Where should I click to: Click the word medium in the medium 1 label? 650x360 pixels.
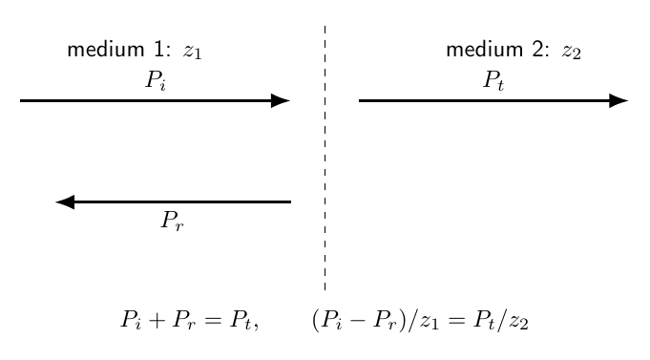(x=106, y=50)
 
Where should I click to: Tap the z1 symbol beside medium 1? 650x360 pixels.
(x=193, y=53)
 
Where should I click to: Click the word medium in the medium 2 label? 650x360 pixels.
(x=485, y=50)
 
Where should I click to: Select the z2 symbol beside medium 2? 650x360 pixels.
(x=572, y=53)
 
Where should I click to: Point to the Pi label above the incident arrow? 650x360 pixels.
(x=156, y=80)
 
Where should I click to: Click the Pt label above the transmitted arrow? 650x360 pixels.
(x=493, y=80)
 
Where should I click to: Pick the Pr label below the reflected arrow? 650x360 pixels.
(x=172, y=221)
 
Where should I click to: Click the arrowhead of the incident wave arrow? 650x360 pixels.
(x=281, y=100)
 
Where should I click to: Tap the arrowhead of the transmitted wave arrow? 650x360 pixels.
(x=619, y=100)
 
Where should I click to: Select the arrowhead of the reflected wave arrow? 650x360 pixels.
(x=65, y=202)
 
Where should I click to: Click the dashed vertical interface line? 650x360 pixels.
(x=325, y=158)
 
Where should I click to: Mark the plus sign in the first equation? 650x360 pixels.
(x=157, y=321)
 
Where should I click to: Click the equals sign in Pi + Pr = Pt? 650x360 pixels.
(x=213, y=321)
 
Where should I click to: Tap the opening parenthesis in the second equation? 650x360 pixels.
(x=316, y=321)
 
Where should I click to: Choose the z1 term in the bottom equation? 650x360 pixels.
(x=430, y=323)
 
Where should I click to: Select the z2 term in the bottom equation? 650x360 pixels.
(x=519, y=323)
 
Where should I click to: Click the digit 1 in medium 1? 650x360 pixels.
(x=159, y=50)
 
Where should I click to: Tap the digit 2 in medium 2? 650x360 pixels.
(x=538, y=50)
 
